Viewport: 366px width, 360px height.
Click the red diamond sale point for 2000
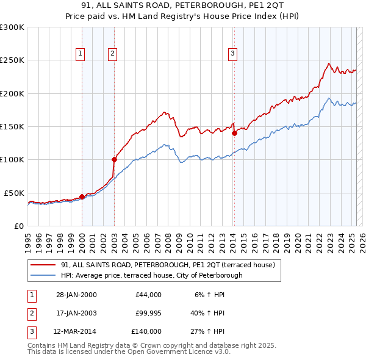point(82,196)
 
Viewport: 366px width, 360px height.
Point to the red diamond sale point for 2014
point(234,133)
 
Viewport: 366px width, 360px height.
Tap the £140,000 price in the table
point(146,331)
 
